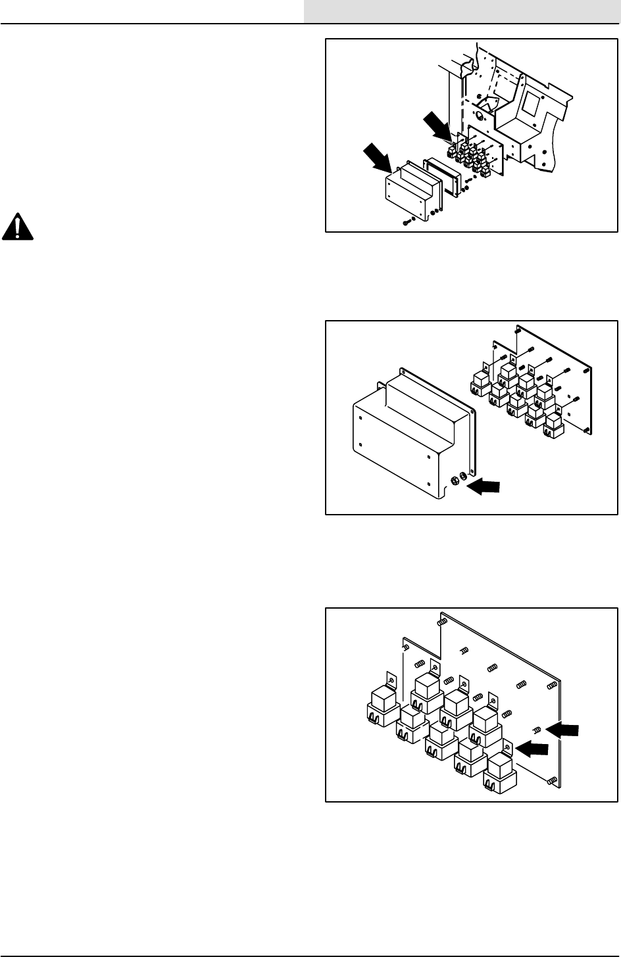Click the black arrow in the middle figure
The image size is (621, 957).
tap(484, 486)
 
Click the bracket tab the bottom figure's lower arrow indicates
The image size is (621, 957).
tap(508, 746)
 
